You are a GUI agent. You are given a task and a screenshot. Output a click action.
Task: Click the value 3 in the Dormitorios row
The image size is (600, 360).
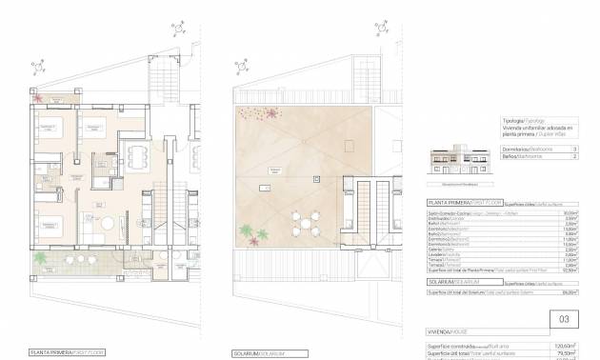coord(574,150)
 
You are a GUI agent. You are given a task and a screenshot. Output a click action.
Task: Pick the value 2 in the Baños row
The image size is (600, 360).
coord(574,157)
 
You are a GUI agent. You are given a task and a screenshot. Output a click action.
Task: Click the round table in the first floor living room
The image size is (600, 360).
coord(108,224)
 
